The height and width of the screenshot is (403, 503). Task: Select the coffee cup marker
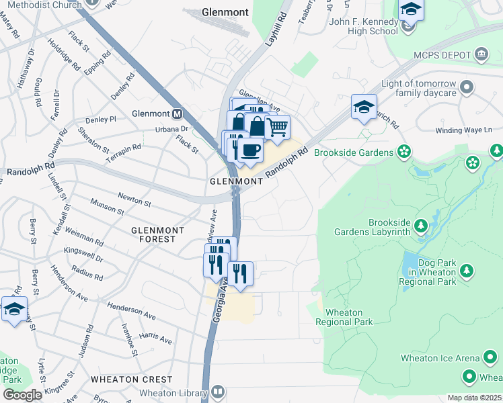point(250,150)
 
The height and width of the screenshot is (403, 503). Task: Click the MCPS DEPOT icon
point(481,54)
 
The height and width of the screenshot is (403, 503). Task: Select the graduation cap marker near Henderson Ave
point(14,310)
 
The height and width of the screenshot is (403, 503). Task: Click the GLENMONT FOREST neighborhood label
point(157,234)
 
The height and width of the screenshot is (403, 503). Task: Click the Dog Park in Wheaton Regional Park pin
point(466,272)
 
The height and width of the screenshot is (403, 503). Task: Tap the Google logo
point(22,395)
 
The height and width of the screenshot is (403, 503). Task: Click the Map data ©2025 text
point(474,398)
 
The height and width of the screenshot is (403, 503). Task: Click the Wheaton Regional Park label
point(349,317)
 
